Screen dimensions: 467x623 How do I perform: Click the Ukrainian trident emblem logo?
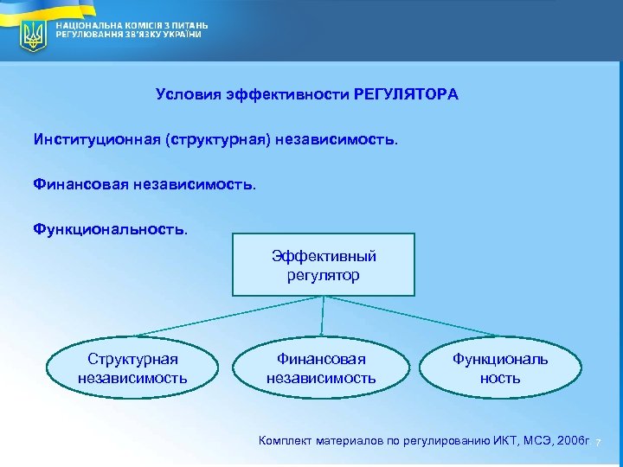(x=34, y=35)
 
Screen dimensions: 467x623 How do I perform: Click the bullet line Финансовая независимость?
(x=145, y=183)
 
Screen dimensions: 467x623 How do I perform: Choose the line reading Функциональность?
(x=110, y=229)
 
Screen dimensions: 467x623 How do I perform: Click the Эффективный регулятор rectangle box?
(x=324, y=265)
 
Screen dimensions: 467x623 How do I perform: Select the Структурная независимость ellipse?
(x=132, y=368)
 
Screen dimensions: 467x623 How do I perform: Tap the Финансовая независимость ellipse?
(x=321, y=368)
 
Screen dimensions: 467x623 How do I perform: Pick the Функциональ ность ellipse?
(x=500, y=368)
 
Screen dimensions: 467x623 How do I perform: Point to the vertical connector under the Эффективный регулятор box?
(x=323, y=316)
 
